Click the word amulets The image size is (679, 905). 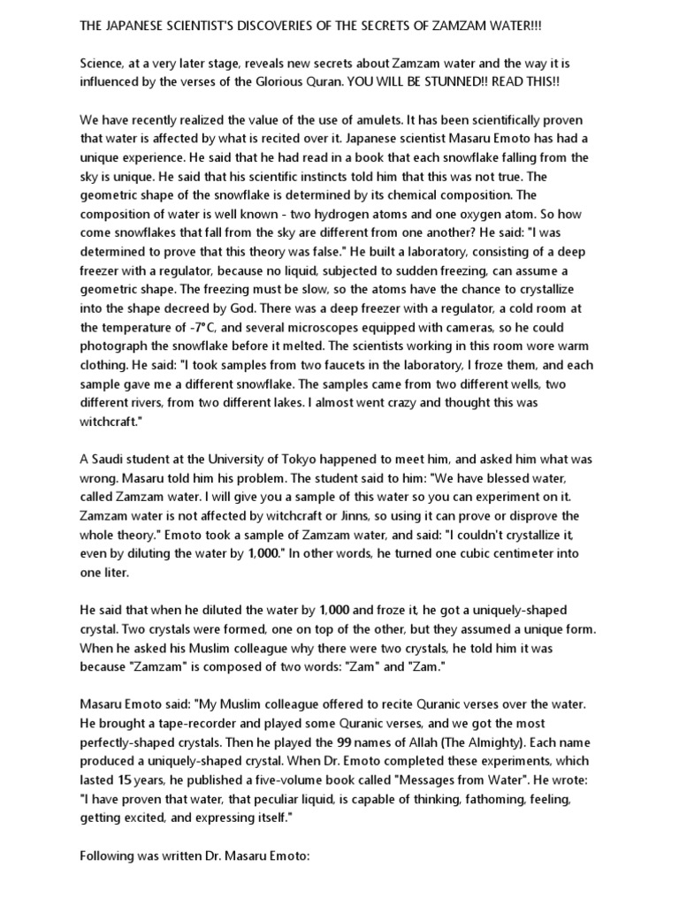pos(369,118)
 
